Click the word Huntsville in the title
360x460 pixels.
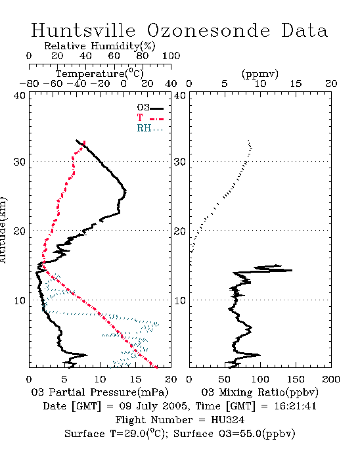(x=83, y=30)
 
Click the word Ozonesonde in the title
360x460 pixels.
(x=208, y=30)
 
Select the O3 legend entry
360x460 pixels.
(x=150, y=108)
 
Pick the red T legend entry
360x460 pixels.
(x=150, y=118)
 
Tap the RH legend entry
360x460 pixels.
(x=150, y=129)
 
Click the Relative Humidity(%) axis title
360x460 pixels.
(x=100, y=46)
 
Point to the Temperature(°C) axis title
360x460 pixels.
(x=100, y=74)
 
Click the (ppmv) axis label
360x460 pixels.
(x=260, y=74)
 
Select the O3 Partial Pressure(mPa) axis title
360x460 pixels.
(x=100, y=392)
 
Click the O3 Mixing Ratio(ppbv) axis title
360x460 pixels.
(x=259, y=392)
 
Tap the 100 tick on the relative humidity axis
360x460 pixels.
(x=171, y=56)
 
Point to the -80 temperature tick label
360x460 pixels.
(x=29, y=83)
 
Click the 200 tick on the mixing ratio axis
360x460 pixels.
(x=331, y=379)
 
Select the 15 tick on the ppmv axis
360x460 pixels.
(x=296, y=83)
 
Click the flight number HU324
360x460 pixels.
(x=227, y=420)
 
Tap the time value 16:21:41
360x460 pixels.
(x=295, y=406)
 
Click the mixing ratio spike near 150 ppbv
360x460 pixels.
(x=291, y=270)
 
